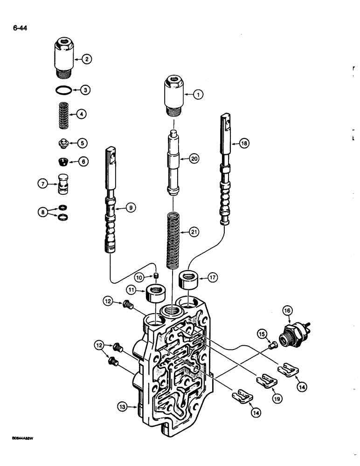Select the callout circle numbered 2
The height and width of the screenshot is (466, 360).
[x=87, y=59]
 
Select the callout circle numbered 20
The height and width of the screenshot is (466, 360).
[x=194, y=159]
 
